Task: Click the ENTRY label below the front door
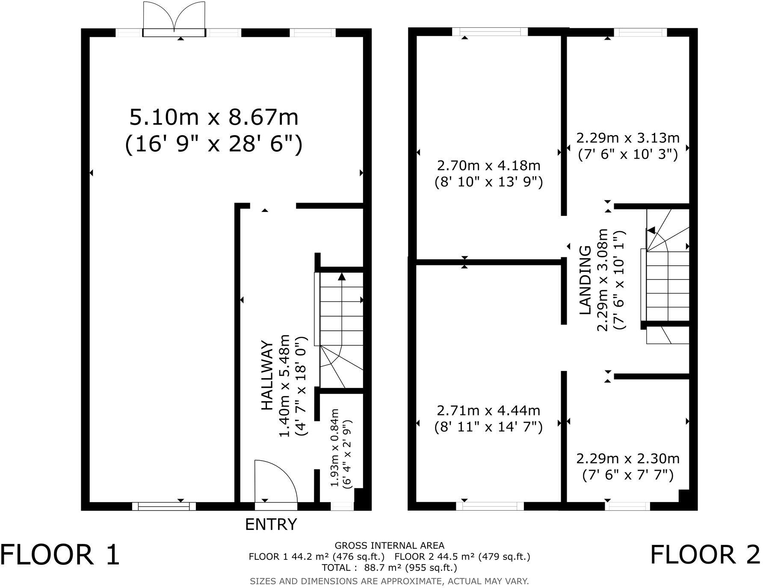pyautogui.click(x=271, y=524)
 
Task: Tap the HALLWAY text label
pyautogui.click(x=267, y=376)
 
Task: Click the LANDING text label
pyautogui.click(x=585, y=280)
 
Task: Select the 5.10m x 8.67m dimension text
pyautogui.click(x=214, y=118)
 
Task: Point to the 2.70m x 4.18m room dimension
pyautogui.click(x=488, y=165)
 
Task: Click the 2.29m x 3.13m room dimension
pyautogui.click(x=627, y=138)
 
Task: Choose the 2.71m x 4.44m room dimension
pyautogui.click(x=488, y=411)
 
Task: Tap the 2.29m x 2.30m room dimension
pyautogui.click(x=627, y=459)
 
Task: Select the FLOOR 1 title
pyautogui.click(x=60, y=555)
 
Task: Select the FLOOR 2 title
pyautogui.click(x=705, y=555)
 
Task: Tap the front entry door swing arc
pyautogui.click(x=276, y=481)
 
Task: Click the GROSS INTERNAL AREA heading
pyautogui.click(x=389, y=545)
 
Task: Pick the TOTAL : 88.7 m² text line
pyautogui.click(x=389, y=567)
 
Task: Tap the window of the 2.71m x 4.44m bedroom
pyautogui.click(x=490, y=506)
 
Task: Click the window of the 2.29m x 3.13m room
pyautogui.click(x=640, y=32)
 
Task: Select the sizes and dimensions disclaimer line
pyautogui.click(x=389, y=581)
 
